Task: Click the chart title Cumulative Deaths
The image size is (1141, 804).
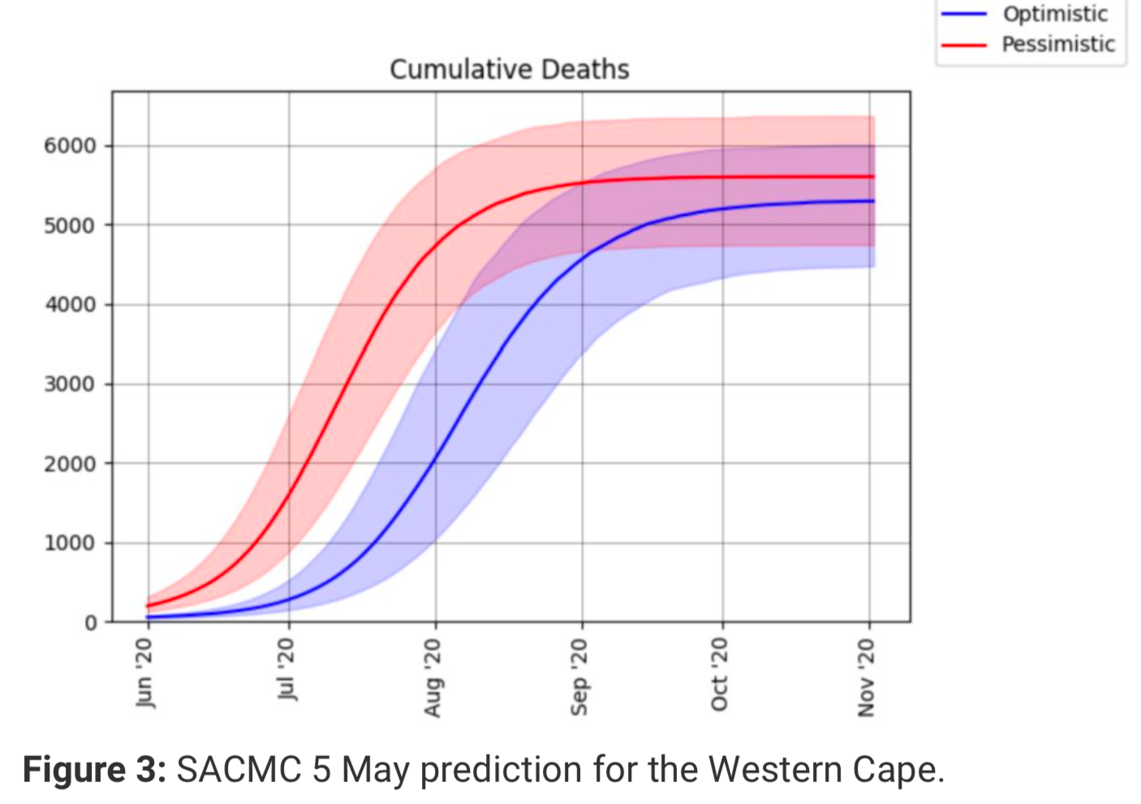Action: pos(509,70)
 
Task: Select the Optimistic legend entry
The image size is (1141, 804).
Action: pos(1055,15)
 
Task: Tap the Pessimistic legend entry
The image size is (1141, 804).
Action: pos(1058,44)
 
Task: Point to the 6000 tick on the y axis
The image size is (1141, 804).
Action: pos(70,146)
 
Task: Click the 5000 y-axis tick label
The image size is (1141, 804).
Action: pos(70,226)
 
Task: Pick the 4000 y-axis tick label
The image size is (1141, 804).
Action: pos(70,305)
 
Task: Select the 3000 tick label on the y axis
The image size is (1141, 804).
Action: pos(70,384)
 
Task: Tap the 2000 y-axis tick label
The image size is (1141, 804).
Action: pos(70,464)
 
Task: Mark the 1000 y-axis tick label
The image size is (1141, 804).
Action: pos(70,543)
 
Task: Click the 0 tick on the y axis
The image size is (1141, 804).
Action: pos(90,623)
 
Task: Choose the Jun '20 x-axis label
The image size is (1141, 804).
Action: pos(144,672)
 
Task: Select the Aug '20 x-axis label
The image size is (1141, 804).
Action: pos(433,676)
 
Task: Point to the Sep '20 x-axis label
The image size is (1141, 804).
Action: pos(579,676)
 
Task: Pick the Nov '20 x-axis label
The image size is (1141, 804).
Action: pos(866,676)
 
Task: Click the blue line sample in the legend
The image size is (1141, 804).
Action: pos(963,15)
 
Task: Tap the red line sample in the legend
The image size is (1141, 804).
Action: pos(963,45)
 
